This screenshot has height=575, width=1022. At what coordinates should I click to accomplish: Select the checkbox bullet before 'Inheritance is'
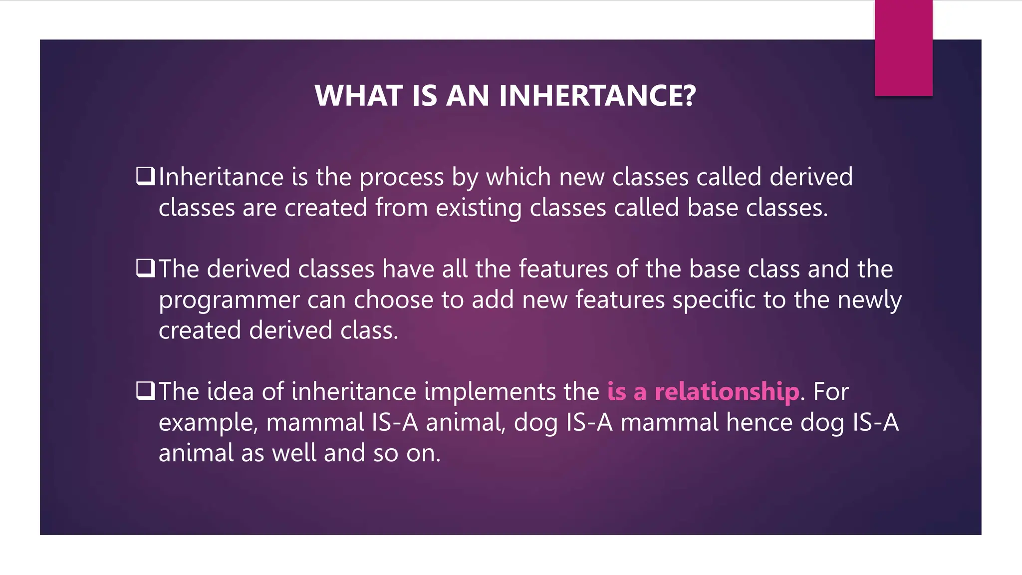pyautogui.click(x=145, y=176)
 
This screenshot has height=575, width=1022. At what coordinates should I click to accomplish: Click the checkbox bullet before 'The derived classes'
pyautogui.click(x=145, y=269)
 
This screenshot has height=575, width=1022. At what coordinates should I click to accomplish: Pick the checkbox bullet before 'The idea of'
pyautogui.click(x=145, y=391)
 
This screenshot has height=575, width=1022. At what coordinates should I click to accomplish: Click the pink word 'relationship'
pyautogui.click(x=727, y=392)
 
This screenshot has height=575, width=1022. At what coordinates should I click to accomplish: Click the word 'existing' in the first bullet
pyautogui.click(x=479, y=208)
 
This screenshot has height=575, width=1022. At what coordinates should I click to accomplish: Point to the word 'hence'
pyautogui.click(x=759, y=422)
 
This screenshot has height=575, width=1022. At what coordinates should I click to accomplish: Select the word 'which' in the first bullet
pyautogui.click(x=518, y=177)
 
